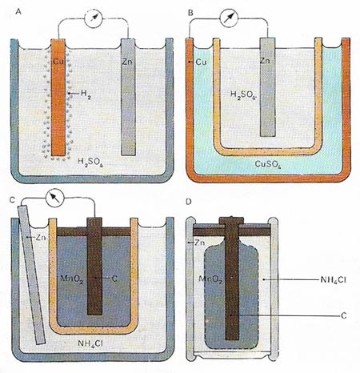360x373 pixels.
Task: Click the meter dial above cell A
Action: [93, 18]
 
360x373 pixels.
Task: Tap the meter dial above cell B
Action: [229, 18]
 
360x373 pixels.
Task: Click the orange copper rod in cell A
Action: [58, 98]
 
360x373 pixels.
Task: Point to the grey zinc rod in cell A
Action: [128, 97]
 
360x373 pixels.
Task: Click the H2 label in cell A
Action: [86, 94]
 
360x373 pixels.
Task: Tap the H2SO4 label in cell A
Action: [90, 162]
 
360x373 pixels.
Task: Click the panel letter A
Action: [18, 11]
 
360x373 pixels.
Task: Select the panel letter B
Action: [190, 13]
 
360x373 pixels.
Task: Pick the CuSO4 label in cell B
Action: [268, 164]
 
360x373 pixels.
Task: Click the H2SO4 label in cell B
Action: [243, 94]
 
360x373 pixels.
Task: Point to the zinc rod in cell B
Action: [268, 87]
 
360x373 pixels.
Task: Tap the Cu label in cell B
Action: [202, 62]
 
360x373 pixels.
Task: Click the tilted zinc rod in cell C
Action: [31, 274]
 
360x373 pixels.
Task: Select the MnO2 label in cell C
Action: [72, 279]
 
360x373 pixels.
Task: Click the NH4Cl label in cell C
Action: [90, 343]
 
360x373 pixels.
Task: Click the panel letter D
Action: [189, 202]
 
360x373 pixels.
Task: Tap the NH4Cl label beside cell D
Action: [333, 280]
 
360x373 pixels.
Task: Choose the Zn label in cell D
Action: [200, 243]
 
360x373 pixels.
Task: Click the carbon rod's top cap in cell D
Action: [231, 220]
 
